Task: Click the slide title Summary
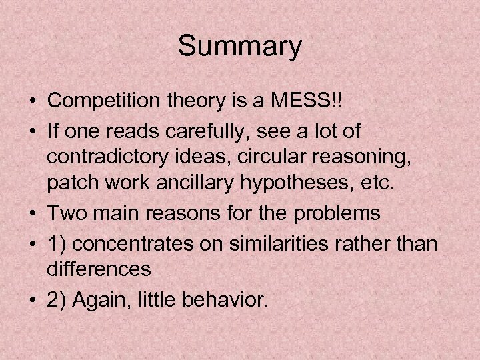tap(240, 47)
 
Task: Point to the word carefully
tap(201, 132)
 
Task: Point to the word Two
tap(65, 215)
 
